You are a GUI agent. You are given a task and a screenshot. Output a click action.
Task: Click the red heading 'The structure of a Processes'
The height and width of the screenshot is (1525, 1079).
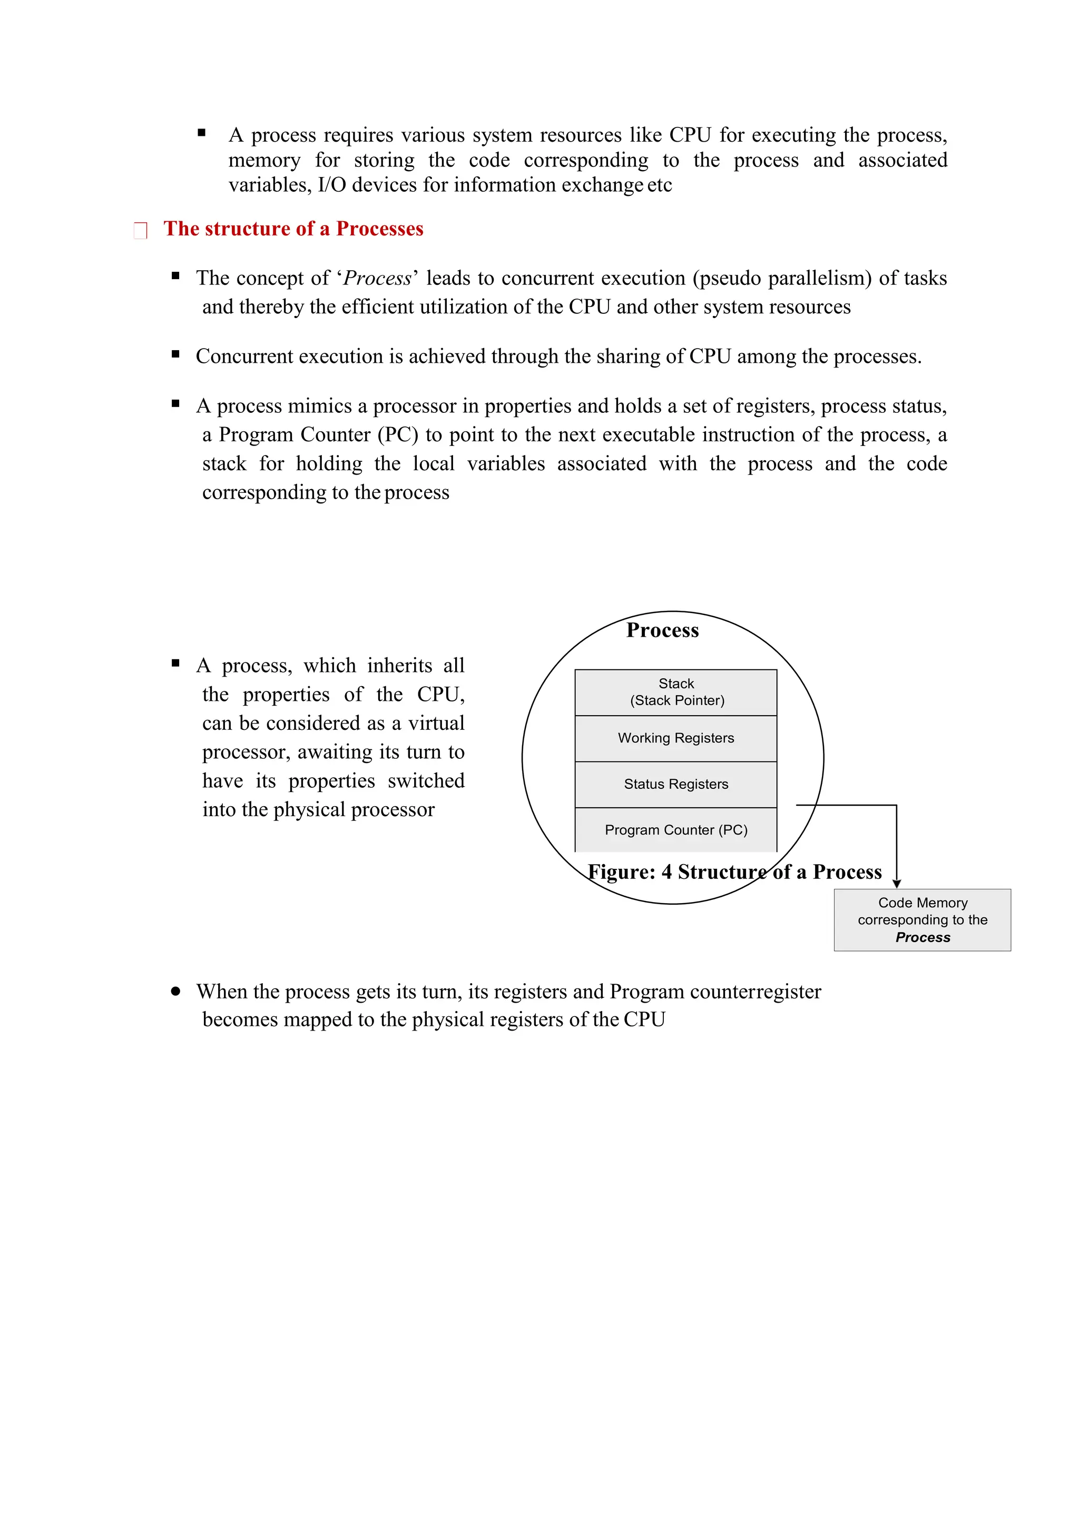click(x=293, y=229)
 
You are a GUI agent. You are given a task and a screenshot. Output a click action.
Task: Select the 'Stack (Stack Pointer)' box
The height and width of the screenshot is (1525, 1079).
click(x=676, y=692)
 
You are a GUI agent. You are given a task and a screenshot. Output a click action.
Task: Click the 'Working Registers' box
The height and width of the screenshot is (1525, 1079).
click(x=676, y=738)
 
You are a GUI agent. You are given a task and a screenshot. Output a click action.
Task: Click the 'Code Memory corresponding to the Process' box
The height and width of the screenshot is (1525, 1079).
click(x=922, y=920)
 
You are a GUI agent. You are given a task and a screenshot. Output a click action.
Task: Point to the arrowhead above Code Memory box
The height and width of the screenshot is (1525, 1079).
click(x=896, y=884)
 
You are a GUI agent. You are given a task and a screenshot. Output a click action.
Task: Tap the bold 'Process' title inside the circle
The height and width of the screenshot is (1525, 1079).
click(x=662, y=630)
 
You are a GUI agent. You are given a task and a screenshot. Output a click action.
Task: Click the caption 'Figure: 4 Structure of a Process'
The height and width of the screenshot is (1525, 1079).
click(x=734, y=872)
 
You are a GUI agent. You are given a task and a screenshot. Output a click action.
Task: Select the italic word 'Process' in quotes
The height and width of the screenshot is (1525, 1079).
click(x=377, y=278)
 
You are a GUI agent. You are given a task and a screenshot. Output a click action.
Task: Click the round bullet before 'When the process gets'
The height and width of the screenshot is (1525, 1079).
click(x=175, y=991)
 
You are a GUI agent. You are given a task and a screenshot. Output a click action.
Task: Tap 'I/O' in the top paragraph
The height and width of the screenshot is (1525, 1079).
click(x=331, y=185)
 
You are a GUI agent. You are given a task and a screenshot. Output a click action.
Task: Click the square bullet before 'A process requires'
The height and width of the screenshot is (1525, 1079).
click(x=201, y=133)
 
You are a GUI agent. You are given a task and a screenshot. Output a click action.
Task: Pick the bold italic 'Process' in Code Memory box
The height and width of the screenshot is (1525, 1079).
click(x=922, y=937)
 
